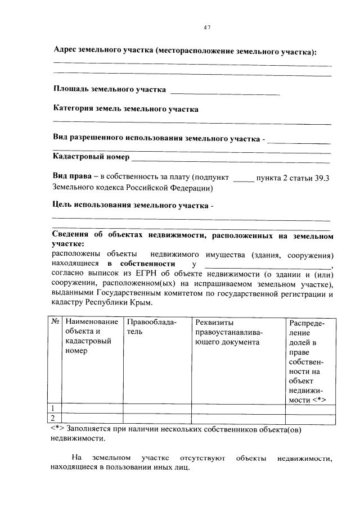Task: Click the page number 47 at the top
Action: [206, 28]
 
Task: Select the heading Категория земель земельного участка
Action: [125, 109]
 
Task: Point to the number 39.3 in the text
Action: [322, 178]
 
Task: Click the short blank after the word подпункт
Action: [243, 179]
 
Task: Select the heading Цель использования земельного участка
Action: [132, 205]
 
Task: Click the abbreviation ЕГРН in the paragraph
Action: [156, 274]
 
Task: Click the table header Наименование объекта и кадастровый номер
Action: [91, 336]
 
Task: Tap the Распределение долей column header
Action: [308, 360]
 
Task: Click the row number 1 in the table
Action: [53, 408]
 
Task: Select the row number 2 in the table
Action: [53, 418]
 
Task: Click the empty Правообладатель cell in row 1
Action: [157, 408]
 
